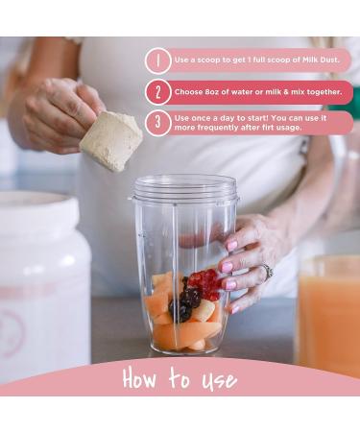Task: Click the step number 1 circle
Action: pos(158,60)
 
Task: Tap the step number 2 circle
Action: pos(158,91)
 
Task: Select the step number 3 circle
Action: pos(158,122)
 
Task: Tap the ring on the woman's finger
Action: pos(266,272)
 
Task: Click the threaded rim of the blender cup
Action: pos(185,188)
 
